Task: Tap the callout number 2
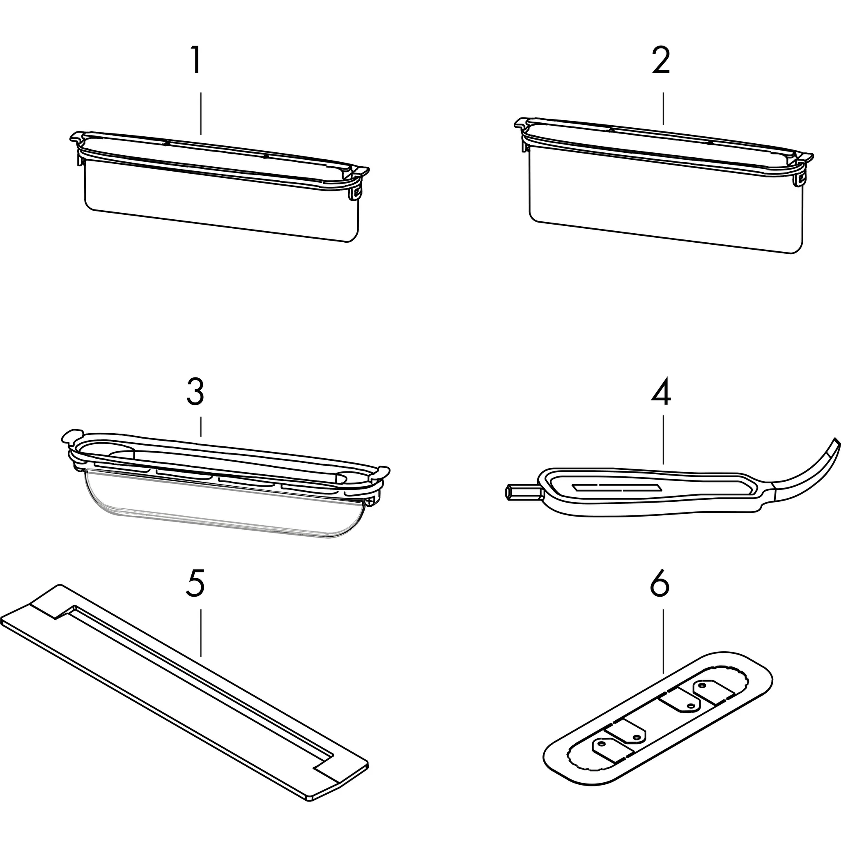click(x=661, y=60)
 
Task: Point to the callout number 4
click(x=661, y=391)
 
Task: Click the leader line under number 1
click(x=201, y=113)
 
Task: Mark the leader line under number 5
click(x=201, y=639)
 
